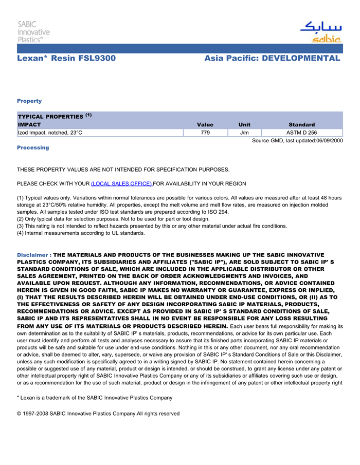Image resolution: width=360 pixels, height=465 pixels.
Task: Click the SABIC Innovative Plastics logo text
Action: click(x=33, y=31)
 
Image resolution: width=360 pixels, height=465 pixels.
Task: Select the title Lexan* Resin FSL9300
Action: click(x=66, y=59)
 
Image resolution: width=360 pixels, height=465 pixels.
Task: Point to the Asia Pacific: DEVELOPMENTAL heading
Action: click(x=272, y=59)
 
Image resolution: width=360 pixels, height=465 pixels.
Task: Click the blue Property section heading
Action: click(x=29, y=101)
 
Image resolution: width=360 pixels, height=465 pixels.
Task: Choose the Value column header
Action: click(x=205, y=124)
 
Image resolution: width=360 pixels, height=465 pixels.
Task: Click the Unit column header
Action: click(x=244, y=124)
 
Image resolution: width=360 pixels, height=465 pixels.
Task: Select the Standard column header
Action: click(x=301, y=124)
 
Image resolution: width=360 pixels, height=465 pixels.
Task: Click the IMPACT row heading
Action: click(x=29, y=124)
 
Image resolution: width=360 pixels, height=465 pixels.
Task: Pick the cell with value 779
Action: click(x=205, y=133)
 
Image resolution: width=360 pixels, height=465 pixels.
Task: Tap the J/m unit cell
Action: click(x=244, y=133)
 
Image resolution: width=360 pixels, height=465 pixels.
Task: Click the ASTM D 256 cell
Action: click(x=301, y=133)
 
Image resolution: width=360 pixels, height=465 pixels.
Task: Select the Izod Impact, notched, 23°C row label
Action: click(x=50, y=133)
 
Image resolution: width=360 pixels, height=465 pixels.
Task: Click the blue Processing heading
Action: click(x=33, y=147)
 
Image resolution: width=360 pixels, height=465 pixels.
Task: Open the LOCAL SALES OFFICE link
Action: click(x=121, y=183)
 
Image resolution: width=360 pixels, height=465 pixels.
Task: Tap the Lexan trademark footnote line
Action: click(x=95, y=398)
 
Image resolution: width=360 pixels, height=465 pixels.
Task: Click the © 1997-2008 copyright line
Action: click(x=98, y=414)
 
